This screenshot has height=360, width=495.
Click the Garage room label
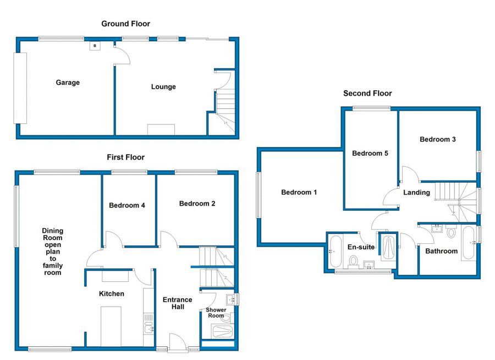[x=68, y=83]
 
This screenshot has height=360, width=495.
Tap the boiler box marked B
[x=95, y=46]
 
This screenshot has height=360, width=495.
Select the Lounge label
[x=163, y=86]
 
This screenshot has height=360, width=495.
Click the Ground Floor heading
[x=125, y=24]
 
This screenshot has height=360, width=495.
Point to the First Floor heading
[x=125, y=157]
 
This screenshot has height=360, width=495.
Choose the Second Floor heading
[x=367, y=94]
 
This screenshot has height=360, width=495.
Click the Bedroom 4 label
[x=127, y=205]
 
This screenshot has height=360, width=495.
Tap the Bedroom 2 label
[x=197, y=204]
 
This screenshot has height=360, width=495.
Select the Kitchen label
[x=112, y=293]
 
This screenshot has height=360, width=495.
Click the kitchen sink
[x=148, y=329]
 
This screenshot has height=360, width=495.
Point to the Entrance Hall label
[x=177, y=303]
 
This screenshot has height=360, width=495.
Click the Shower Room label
[x=216, y=313]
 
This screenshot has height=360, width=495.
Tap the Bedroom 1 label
[x=299, y=193]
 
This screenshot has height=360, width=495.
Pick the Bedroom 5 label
[x=370, y=153]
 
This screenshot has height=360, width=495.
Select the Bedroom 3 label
[x=437, y=139]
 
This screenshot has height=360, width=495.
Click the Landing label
[x=416, y=193]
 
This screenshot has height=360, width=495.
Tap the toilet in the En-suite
[x=354, y=260]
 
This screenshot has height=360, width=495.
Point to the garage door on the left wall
[x=20, y=88]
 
